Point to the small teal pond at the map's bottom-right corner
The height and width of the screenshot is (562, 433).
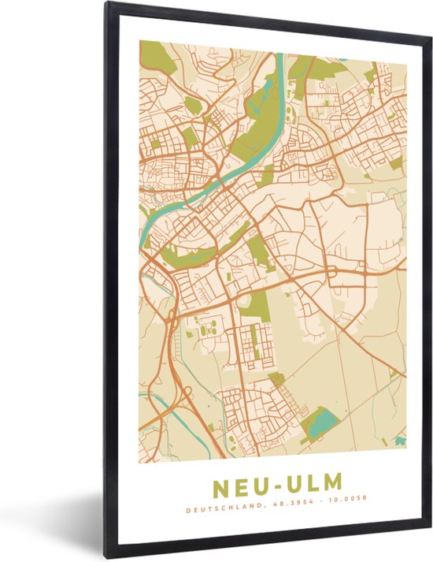(400, 440)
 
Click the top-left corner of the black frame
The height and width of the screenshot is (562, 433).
(108, 4)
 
